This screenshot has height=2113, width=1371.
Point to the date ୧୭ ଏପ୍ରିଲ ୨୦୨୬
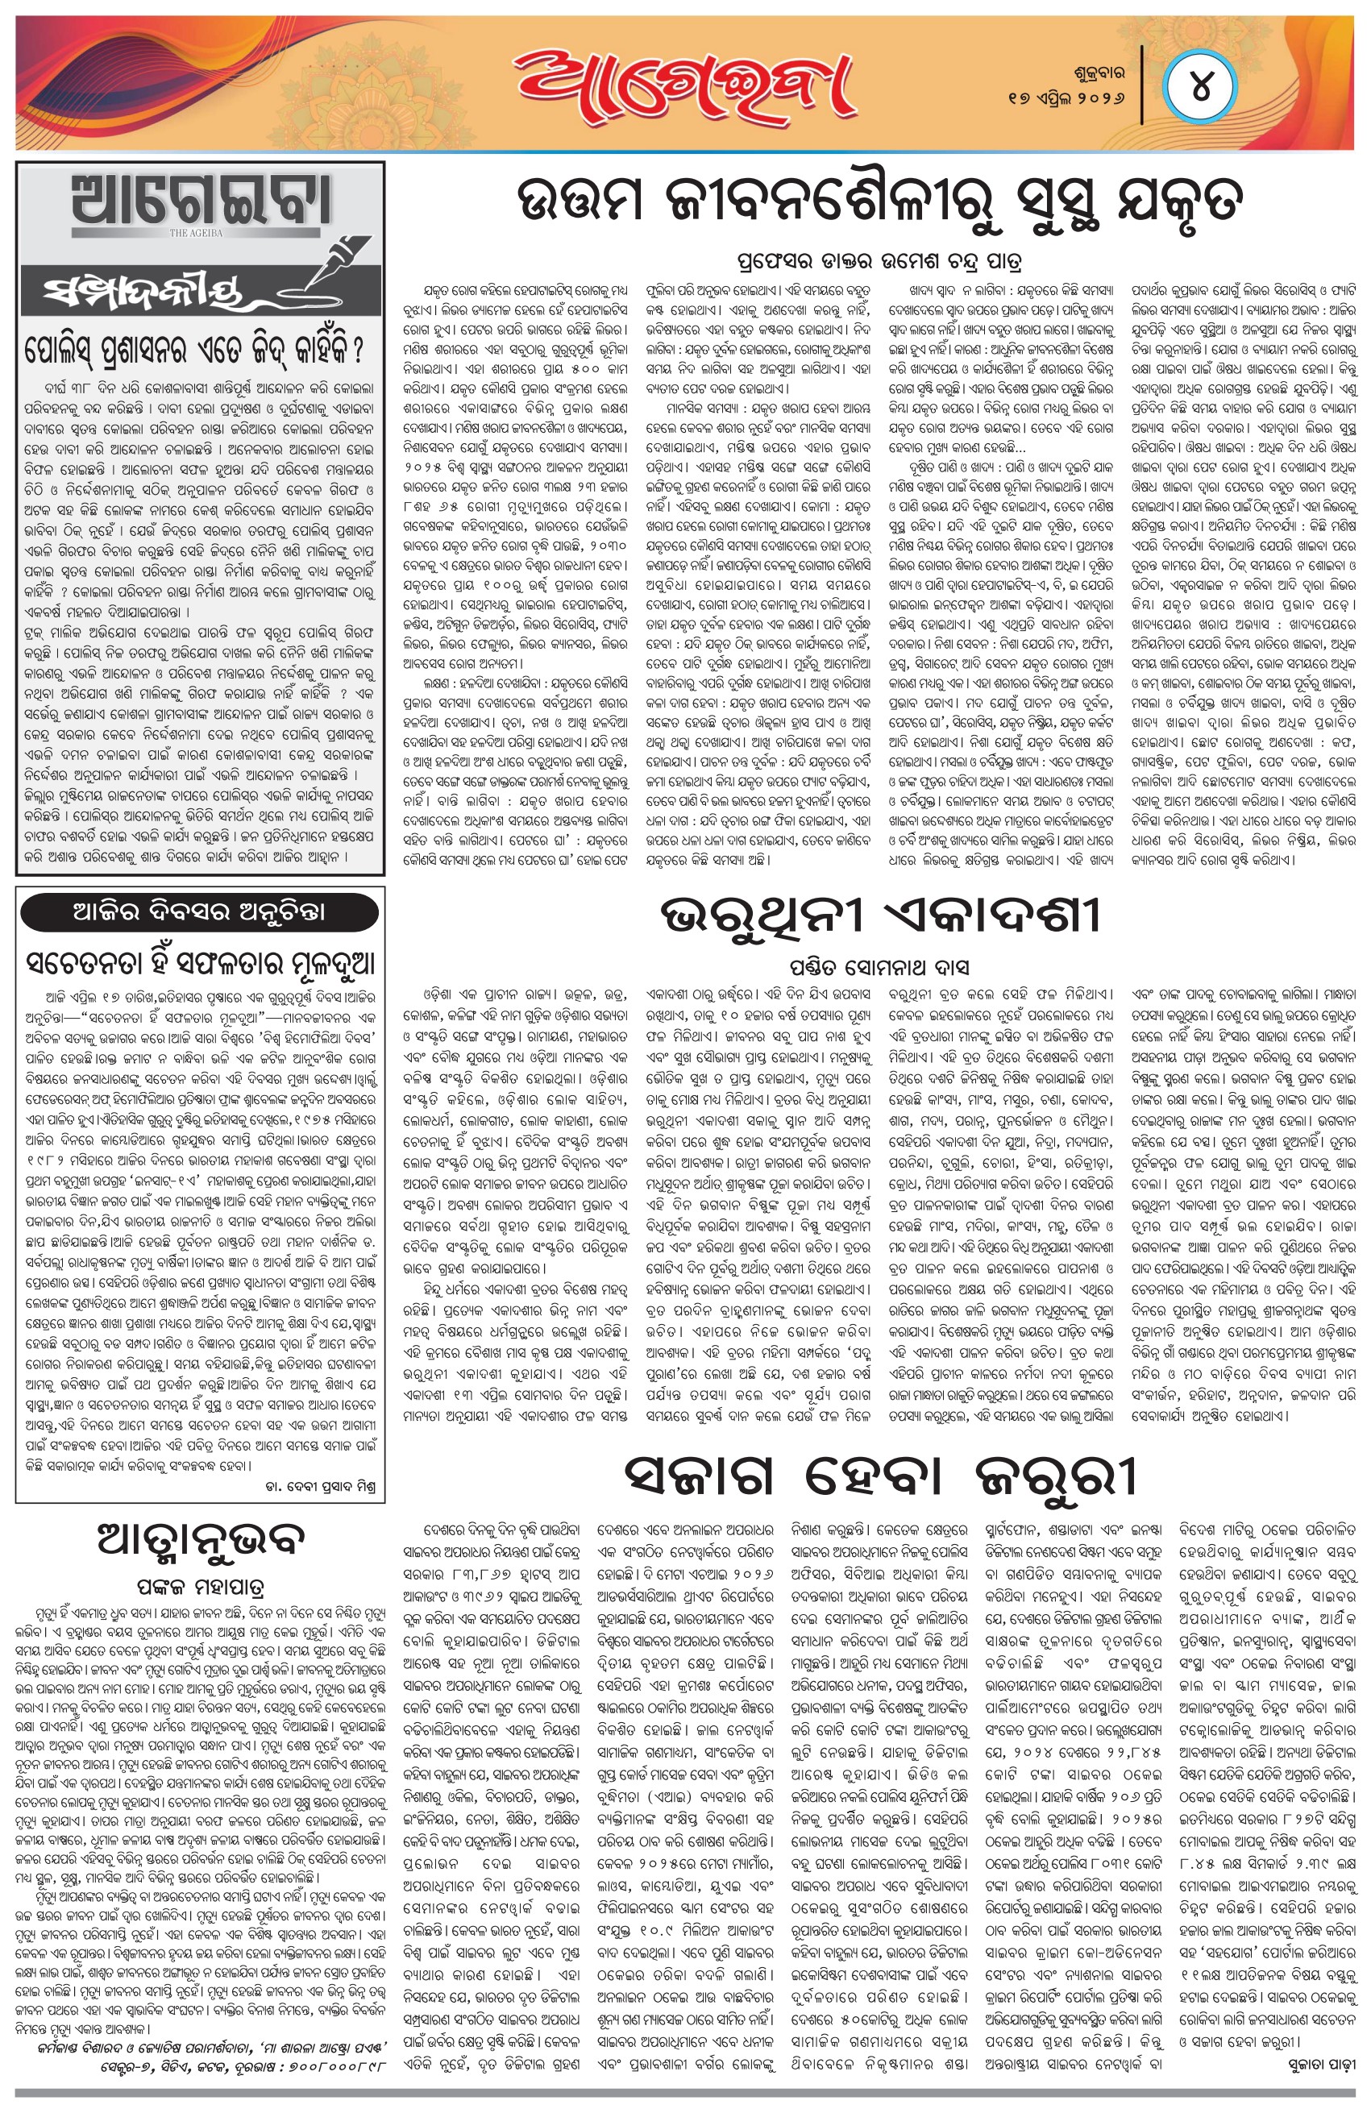(1066, 98)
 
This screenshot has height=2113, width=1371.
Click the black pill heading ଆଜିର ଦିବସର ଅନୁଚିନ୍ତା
(200, 911)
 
